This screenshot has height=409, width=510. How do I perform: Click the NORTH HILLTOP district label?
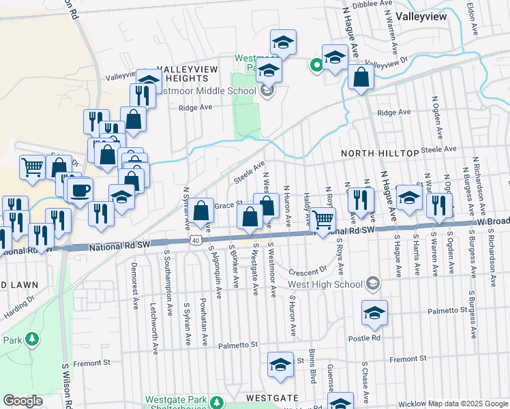(x=380, y=153)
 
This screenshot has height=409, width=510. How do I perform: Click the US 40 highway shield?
(x=196, y=241)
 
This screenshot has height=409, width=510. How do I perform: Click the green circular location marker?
(x=316, y=65)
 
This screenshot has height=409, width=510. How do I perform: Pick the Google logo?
(x=23, y=401)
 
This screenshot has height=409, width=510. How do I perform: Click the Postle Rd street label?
(x=365, y=337)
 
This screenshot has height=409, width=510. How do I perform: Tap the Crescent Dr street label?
(x=307, y=270)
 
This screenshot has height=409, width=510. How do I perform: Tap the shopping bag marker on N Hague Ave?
(x=361, y=78)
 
